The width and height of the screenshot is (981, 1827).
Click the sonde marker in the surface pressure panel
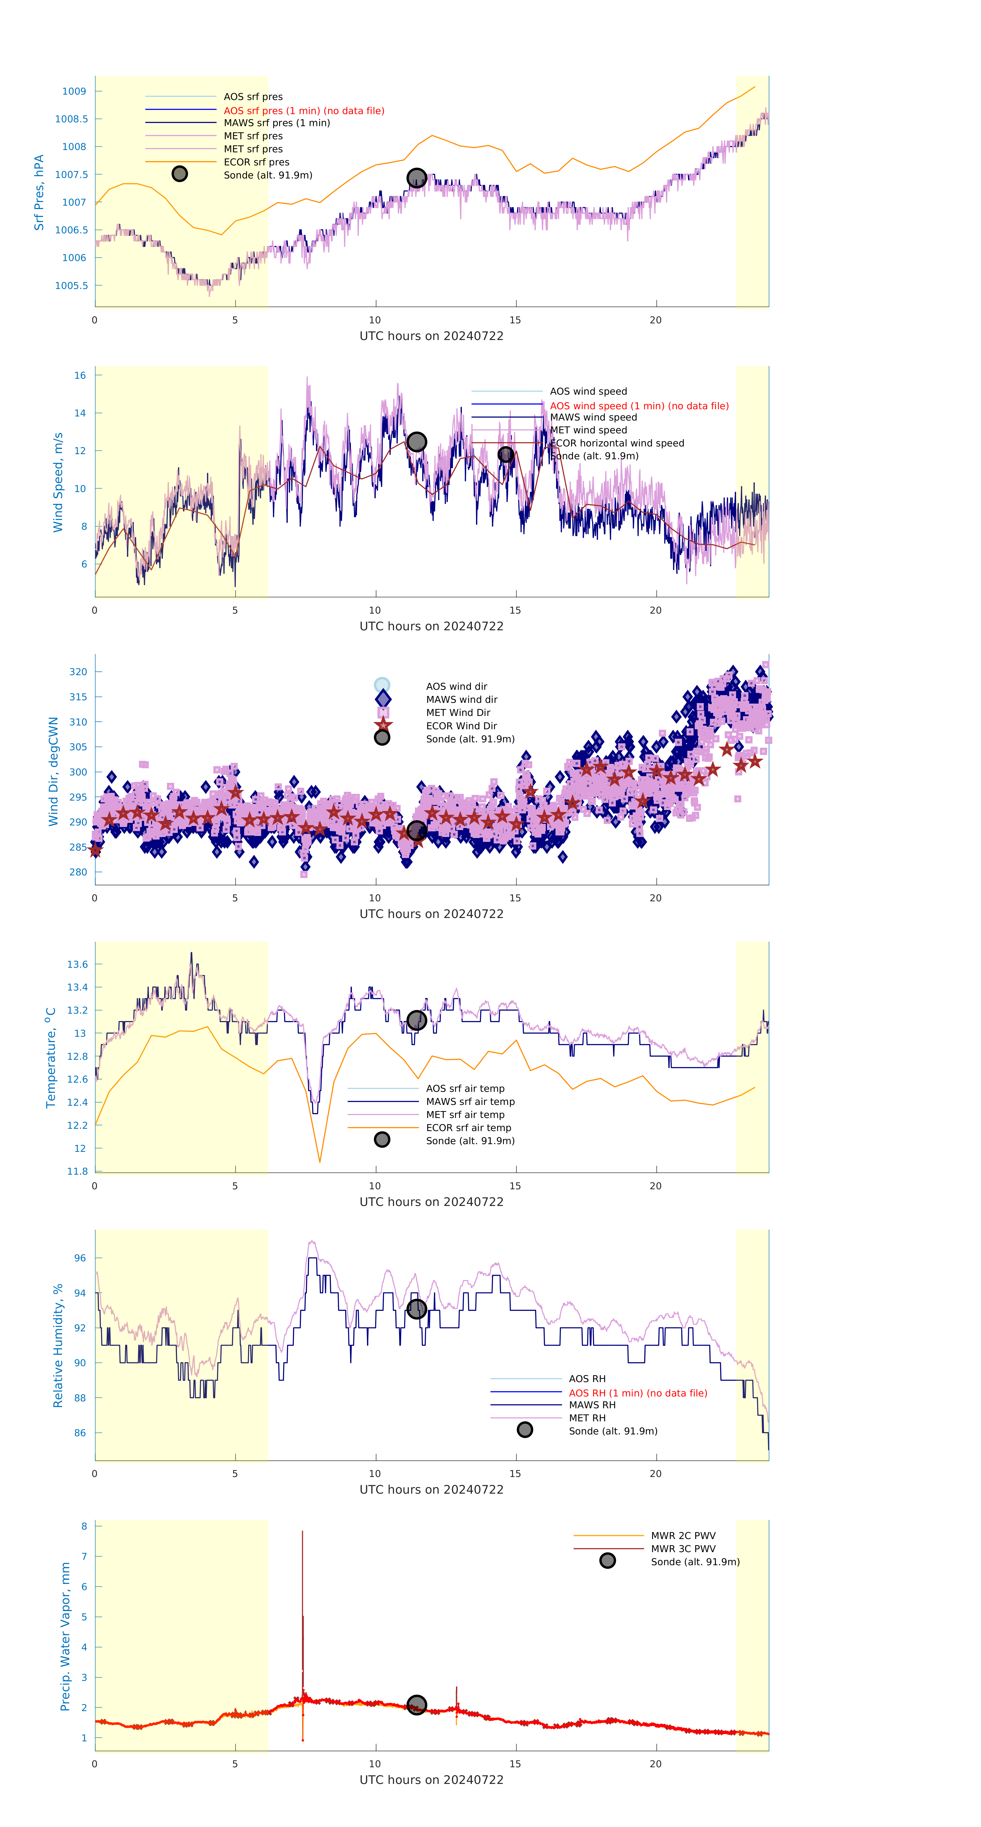click(416, 178)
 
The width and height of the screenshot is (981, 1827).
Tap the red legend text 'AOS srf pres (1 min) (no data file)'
click(304, 111)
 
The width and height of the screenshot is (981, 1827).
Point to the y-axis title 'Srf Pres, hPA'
click(39, 192)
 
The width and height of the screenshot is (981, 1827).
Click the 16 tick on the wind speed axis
click(80, 375)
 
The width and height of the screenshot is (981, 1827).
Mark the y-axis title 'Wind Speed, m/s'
click(58, 482)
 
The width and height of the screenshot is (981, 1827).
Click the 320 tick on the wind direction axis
click(78, 672)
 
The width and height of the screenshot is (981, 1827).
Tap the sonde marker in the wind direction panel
click(416, 831)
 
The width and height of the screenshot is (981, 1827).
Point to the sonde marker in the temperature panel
click(416, 1020)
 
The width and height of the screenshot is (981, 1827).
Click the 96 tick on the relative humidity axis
click(80, 1258)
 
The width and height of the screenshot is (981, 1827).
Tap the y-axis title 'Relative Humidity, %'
click(58, 1345)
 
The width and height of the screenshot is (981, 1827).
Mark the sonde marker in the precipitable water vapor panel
click(416, 1704)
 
